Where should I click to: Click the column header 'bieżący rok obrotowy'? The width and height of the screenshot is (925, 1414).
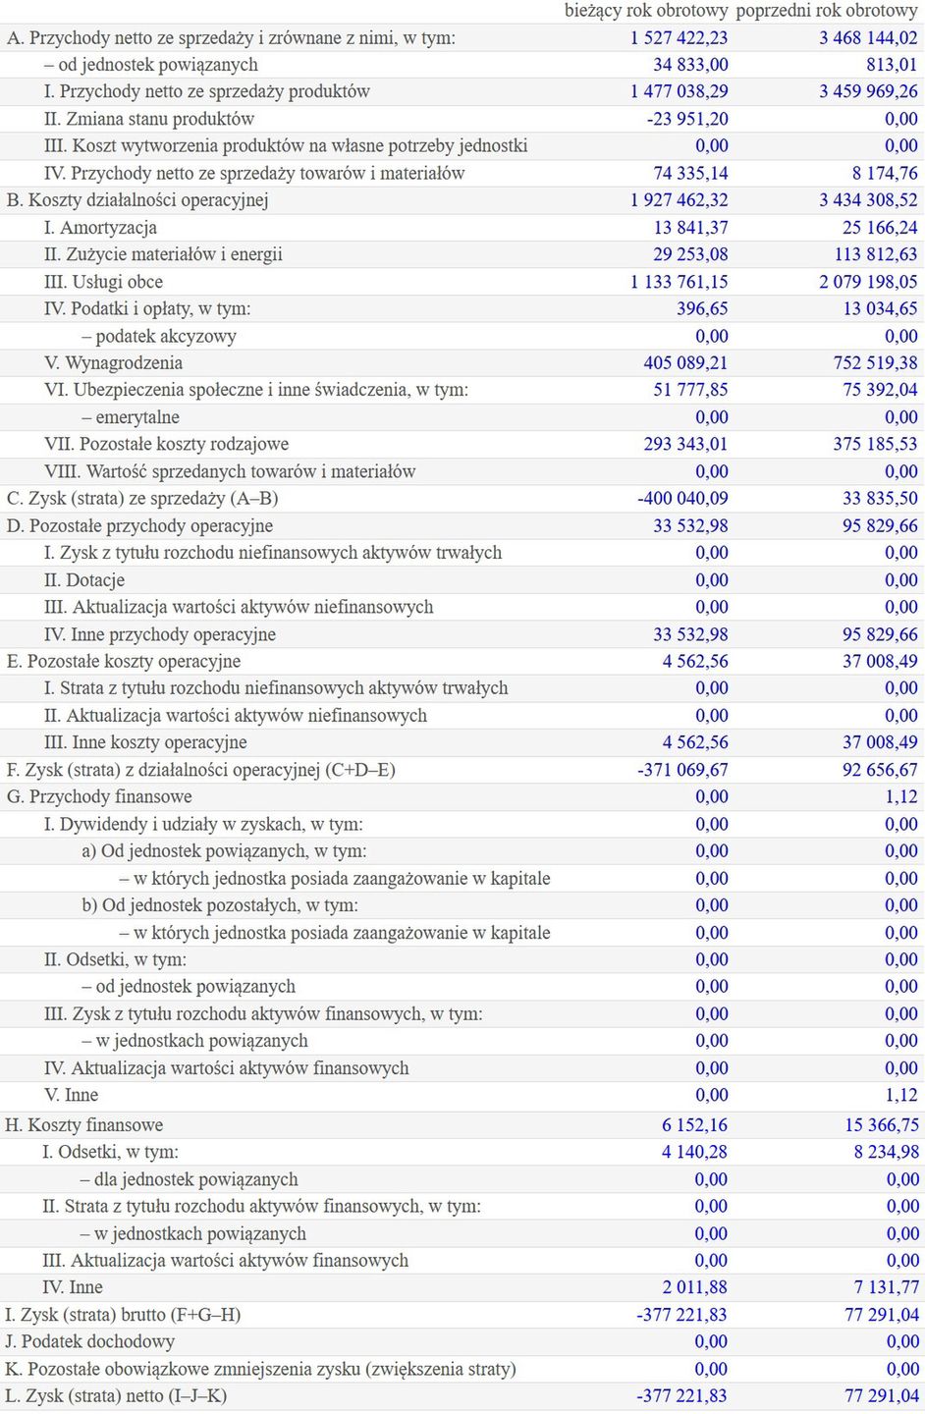[x=646, y=11]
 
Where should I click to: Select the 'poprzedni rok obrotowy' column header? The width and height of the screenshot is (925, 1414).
[x=826, y=11]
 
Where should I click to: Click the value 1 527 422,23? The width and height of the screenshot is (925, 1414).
[x=679, y=38]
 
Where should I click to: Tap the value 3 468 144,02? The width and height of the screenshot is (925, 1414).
[x=868, y=38]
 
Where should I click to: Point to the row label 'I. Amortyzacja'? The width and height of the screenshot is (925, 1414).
[x=100, y=228]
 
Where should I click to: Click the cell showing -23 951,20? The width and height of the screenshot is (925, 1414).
[x=687, y=119]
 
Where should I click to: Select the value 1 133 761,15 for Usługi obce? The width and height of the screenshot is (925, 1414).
[x=679, y=282]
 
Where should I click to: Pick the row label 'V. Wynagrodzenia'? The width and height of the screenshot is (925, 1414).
[x=113, y=363]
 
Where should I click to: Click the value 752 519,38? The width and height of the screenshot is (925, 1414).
[x=875, y=363]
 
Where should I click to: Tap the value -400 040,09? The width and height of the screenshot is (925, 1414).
[x=682, y=499]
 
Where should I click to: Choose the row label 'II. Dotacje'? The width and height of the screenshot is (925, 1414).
[x=84, y=580]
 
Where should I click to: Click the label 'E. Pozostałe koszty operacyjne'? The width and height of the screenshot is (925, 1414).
[x=124, y=662]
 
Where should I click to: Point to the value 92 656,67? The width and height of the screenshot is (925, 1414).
[x=880, y=770]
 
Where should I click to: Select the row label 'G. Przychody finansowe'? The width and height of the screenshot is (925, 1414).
[x=99, y=797]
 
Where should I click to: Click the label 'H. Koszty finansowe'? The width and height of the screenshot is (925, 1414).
[x=84, y=1125]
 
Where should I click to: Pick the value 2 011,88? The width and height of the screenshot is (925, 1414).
[x=695, y=1287]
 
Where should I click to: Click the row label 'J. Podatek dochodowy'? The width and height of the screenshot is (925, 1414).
[x=90, y=1342]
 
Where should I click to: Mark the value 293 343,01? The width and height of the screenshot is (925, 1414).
[x=685, y=445]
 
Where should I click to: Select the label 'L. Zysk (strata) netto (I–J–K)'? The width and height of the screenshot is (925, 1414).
[x=116, y=1396]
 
